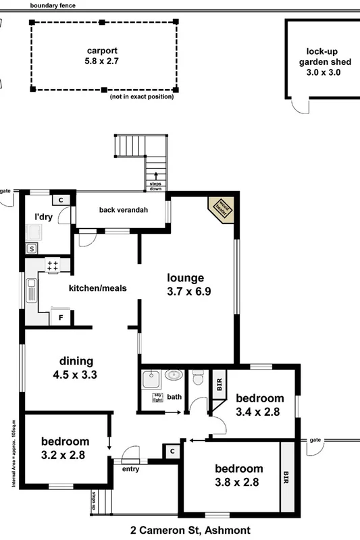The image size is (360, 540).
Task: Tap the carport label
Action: point(102,56)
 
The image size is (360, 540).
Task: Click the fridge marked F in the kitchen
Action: point(61,317)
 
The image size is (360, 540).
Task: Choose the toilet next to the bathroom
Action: point(197,378)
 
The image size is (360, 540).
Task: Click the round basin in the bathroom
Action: point(173,375)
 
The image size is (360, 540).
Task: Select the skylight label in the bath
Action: point(157,397)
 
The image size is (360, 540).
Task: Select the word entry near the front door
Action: point(130,468)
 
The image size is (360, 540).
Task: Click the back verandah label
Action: point(123,210)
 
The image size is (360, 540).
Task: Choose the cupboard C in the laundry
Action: point(60,200)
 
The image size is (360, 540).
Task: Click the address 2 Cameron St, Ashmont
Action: point(180,531)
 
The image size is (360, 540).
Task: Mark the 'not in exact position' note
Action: point(141,97)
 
